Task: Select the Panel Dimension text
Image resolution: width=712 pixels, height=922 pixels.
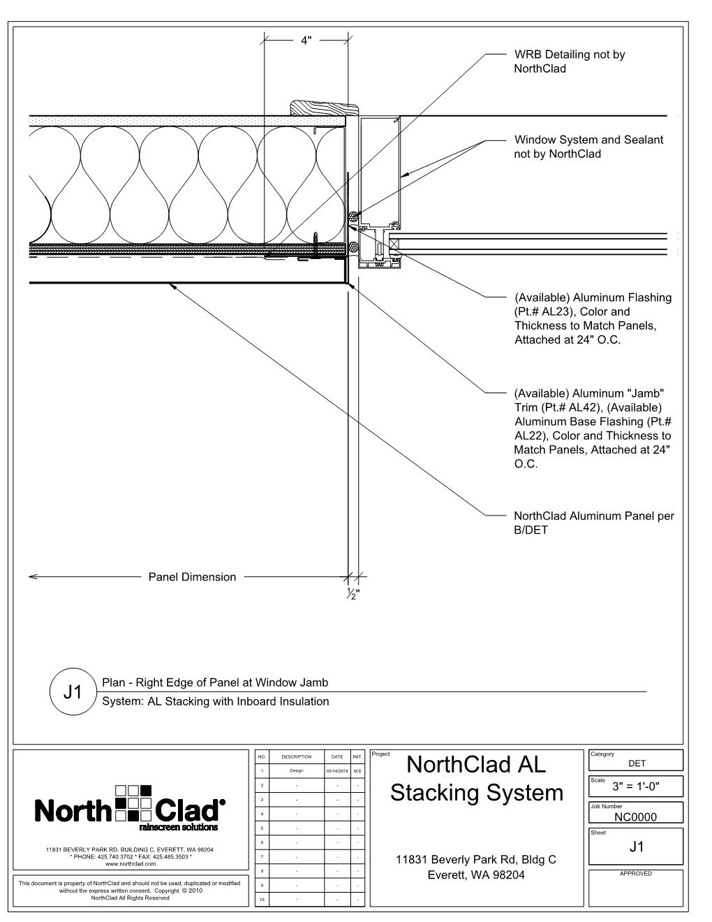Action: (192, 577)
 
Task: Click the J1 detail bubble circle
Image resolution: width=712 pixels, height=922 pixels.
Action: (73, 691)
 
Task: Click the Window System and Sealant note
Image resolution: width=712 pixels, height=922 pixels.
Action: (588, 147)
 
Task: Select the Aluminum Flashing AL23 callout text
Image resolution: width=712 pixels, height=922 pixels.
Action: (593, 319)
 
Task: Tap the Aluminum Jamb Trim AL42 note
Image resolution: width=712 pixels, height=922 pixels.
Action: (593, 428)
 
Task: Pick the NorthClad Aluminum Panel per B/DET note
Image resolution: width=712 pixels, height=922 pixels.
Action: (593, 523)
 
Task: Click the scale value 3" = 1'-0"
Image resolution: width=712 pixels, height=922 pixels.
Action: (636, 786)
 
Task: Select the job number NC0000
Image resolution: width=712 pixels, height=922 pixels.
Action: (636, 817)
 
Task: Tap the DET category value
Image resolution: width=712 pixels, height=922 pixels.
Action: (637, 763)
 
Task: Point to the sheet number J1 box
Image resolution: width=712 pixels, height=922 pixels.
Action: (636, 847)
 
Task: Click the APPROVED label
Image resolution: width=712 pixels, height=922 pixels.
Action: (636, 874)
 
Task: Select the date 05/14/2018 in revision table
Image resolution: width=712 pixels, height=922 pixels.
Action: (336, 771)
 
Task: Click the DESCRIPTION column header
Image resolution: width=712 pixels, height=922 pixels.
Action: (296, 757)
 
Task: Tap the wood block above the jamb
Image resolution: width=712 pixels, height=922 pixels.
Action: (324, 108)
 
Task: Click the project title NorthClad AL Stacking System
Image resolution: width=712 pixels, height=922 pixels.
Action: (477, 779)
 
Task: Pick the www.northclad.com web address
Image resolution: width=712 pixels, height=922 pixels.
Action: (131, 863)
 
